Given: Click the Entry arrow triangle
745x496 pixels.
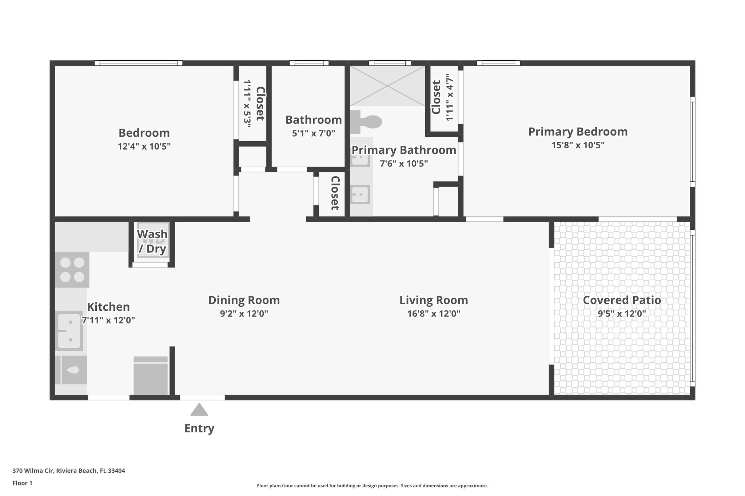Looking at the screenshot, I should [x=199, y=410].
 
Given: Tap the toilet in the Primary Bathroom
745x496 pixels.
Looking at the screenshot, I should [x=367, y=122].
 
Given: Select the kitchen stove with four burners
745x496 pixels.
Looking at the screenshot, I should [x=72, y=270].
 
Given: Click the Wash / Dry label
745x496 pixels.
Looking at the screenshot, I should [x=152, y=241].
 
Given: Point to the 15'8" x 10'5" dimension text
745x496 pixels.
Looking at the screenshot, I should [x=578, y=145].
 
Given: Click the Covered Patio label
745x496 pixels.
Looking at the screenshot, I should [x=622, y=300].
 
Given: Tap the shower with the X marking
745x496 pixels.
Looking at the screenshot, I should [x=387, y=86].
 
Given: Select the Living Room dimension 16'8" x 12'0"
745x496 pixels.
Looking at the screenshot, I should [x=434, y=314].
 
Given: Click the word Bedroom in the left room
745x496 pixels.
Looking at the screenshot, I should [x=144, y=133].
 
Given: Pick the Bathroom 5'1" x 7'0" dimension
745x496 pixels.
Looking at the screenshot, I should [x=313, y=133].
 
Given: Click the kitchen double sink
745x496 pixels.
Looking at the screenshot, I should [x=69, y=331].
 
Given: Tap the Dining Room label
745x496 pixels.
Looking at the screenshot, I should [x=244, y=300].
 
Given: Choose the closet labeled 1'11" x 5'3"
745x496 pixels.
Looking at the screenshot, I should [x=253, y=104].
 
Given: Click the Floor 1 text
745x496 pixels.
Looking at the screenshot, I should [x=22, y=483].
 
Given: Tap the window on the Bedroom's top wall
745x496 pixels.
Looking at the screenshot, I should [x=138, y=63].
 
